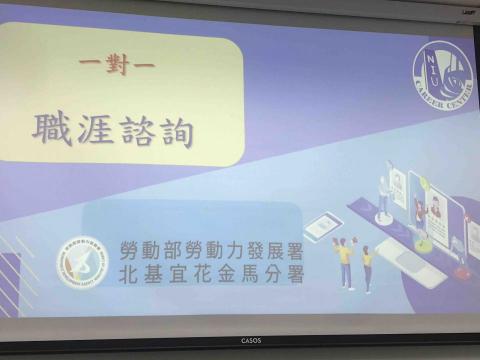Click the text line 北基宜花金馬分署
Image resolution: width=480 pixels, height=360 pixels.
[210, 273]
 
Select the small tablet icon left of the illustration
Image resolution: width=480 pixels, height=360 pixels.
[319, 227]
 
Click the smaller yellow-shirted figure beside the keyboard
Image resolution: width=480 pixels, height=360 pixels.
[366, 269]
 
